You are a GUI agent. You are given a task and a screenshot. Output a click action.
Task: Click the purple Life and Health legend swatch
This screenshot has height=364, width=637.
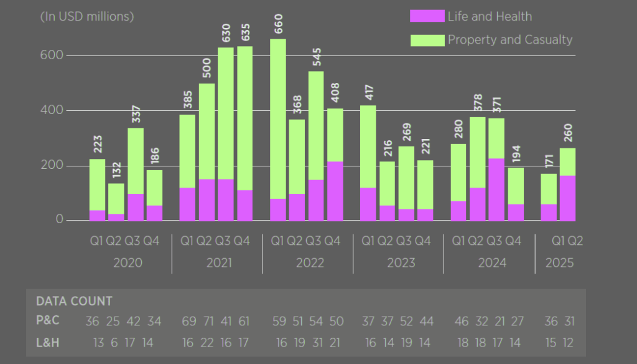[x=427, y=17]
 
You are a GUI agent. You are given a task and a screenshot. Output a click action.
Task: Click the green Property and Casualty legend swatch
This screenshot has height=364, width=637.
[x=427, y=40]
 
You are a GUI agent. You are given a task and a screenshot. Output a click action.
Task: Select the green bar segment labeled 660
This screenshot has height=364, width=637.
[x=278, y=118]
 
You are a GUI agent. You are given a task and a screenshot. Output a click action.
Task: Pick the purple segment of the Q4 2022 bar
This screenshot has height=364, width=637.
[x=335, y=191]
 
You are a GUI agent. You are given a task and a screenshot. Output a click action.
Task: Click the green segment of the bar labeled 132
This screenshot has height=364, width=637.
[x=116, y=198]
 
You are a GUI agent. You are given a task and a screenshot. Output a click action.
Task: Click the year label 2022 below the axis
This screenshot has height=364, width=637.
[x=309, y=263]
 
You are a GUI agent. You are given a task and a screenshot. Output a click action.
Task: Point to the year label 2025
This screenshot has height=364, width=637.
[x=559, y=263]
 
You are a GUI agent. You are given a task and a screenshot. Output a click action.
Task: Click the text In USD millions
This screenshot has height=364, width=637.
[x=87, y=17]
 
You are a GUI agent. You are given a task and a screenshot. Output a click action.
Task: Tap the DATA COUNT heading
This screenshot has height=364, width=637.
[x=75, y=302]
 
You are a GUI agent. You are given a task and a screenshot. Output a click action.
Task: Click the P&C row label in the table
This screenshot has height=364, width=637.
[x=49, y=321]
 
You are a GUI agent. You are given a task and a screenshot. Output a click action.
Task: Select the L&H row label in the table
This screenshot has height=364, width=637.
[x=49, y=342]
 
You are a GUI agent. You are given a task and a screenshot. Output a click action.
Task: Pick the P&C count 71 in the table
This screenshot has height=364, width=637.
[x=208, y=321]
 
